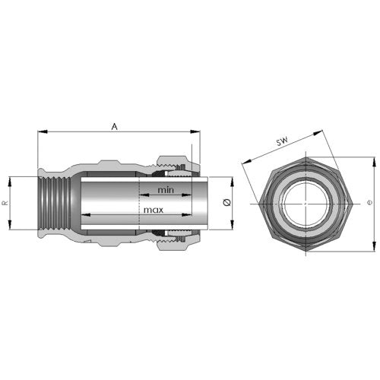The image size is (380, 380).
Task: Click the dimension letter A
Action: (115, 126)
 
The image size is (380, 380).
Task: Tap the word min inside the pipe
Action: (166, 190)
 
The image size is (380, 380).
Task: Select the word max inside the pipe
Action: (154, 210)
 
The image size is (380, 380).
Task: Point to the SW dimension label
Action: (282, 141)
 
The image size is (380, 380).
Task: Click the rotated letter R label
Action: (5, 203)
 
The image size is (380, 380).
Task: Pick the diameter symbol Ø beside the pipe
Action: (226, 203)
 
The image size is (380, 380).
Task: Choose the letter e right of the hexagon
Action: (369, 203)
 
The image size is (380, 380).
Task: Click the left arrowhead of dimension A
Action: (43, 131)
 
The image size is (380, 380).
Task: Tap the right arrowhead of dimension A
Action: (195, 131)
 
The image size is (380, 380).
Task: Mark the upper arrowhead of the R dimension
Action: (10, 182)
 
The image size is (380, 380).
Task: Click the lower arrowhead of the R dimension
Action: (10, 225)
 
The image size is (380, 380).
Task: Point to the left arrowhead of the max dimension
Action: (86, 215)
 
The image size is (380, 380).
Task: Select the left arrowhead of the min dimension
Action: (144, 195)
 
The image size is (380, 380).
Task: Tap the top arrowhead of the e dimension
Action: (375, 162)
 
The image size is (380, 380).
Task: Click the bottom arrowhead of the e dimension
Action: (375, 246)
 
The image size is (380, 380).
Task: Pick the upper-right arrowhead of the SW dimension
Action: (318, 133)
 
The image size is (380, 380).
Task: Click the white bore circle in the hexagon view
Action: (306, 204)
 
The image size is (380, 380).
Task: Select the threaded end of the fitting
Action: (54, 203)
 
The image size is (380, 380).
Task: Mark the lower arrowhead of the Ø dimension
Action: (232, 225)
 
